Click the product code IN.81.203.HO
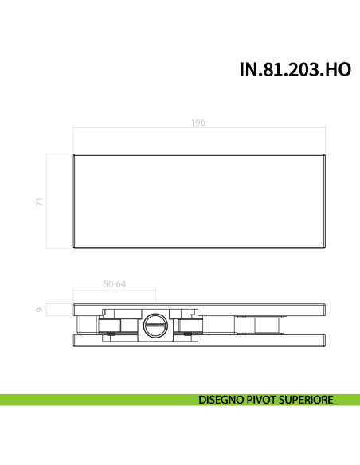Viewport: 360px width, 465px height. pyautogui.click(x=295, y=69)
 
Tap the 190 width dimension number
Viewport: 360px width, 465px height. pyautogui.click(x=198, y=123)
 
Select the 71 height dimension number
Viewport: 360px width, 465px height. pyautogui.click(x=37, y=202)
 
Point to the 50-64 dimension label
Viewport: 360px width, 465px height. pyautogui.click(x=115, y=283)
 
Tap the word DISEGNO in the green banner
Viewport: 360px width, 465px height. pyautogui.click(x=225, y=400)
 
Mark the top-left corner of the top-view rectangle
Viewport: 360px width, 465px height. pyautogui.click(x=73, y=153)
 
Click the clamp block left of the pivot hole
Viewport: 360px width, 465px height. pyautogui.click(x=111, y=324)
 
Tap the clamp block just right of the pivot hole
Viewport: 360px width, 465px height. pyautogui.click(x=190, y=324)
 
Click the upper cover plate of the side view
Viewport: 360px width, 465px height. pyautogui.click(x=199, y=309)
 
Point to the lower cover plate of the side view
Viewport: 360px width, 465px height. pyautogui.click(x=199, y=341)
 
